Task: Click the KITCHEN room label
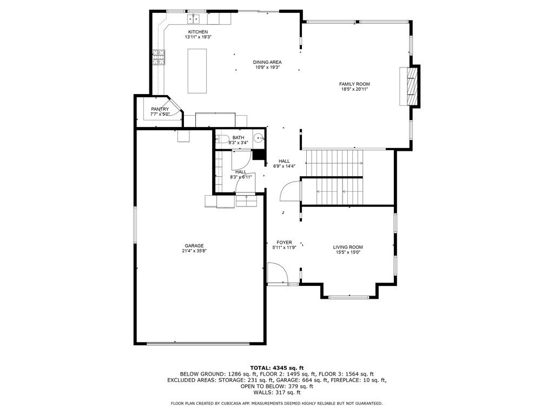198,32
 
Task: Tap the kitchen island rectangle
197,71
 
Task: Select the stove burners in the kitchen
159,57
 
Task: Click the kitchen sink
194,18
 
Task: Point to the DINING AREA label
267,62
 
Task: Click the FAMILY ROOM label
354,84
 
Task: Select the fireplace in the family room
410,86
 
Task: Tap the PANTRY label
160,109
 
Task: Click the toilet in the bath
222,139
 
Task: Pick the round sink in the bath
259,138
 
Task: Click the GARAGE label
194,246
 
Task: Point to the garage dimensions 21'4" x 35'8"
194,251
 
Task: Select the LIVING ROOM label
348,247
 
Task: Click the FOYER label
285,243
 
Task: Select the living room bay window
349,297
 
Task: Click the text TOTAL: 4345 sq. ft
277,367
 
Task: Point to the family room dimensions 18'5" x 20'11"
354,89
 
